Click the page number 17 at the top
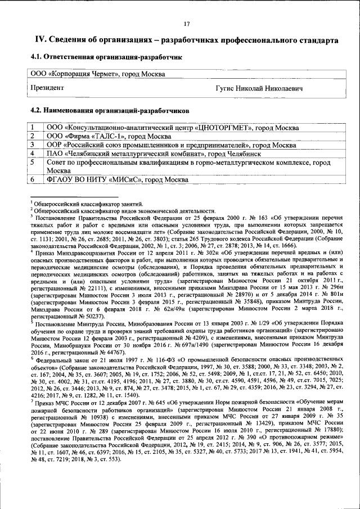(187, 23)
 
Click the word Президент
(47, 88)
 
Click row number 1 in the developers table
(33, 128)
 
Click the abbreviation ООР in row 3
(55, 145)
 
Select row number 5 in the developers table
(33, 162)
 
